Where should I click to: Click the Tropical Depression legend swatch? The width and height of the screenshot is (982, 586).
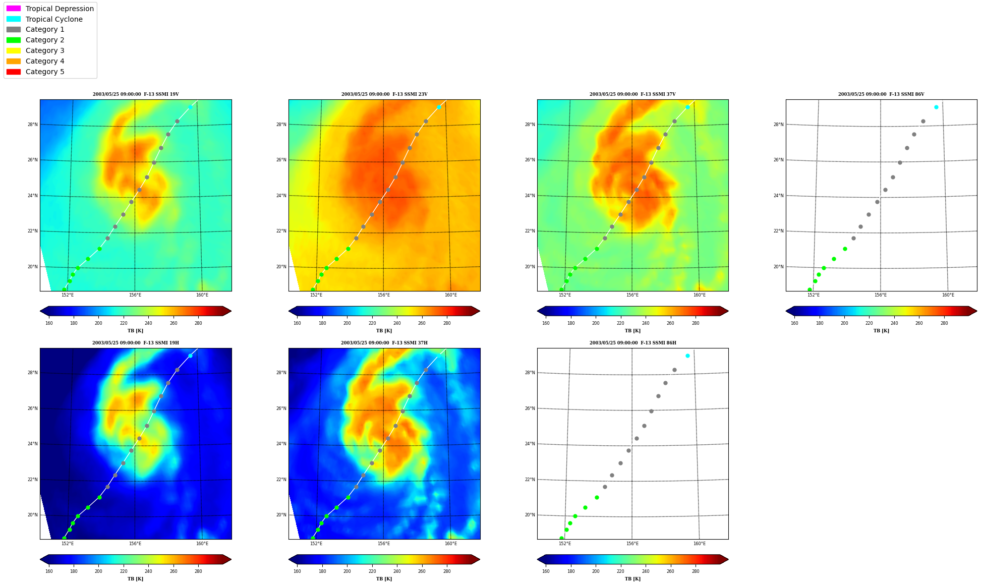(x=14, y=9)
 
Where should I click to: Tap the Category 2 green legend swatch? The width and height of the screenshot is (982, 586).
(x=14, y=40)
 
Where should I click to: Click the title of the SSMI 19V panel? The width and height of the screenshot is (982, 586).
(x=136, y=94)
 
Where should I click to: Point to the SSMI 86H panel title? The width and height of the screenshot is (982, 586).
(x=633, y=343)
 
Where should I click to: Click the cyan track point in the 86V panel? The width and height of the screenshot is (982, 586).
(x=936, y=107)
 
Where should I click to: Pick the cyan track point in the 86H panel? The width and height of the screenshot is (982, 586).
(x=687, y=356)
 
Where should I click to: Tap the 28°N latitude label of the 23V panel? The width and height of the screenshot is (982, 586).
(x=281, y=125)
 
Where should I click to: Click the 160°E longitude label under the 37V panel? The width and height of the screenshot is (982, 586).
(x=700, y=295)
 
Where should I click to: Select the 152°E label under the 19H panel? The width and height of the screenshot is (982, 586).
(x=68, y=544)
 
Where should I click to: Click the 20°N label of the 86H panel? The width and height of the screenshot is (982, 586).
(x=530, y=515)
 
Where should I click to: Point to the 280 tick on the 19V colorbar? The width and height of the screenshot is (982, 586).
(x=198, y=323)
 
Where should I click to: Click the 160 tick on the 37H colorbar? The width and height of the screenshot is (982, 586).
(x=297, y=571)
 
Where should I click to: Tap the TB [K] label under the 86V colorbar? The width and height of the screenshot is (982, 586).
(x=881, y=331)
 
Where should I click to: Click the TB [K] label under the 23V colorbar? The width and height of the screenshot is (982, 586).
(x=384, y=331)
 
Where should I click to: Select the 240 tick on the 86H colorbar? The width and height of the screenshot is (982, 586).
(x=646, y=571)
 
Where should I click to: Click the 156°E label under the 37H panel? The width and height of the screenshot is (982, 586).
(x=384, y=544)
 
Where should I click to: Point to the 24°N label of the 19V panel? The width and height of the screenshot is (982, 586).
(x=32, y=196)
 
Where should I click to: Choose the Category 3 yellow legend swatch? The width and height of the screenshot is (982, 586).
(x=14, y=50)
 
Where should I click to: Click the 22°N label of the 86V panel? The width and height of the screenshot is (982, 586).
(x=778, y=231)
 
